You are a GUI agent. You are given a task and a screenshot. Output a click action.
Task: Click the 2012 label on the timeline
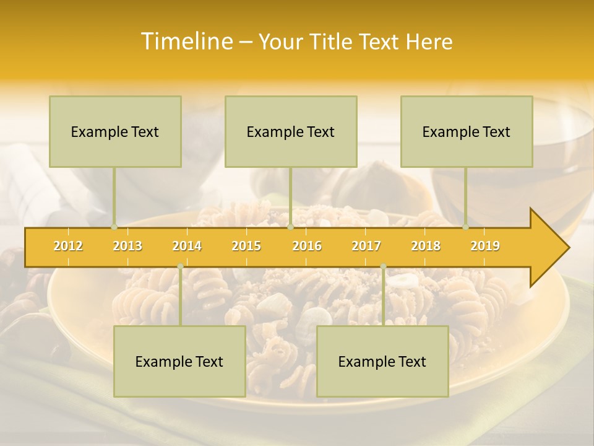68,246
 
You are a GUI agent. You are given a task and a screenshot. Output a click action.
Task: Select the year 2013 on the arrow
127,246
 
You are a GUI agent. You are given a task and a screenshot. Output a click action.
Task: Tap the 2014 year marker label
187,246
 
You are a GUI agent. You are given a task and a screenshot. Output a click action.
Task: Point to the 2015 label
246,246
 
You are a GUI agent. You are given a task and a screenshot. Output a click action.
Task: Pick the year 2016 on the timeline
307,246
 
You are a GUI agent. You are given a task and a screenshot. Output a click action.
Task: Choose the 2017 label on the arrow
366,246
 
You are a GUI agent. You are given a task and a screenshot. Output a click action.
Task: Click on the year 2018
426,246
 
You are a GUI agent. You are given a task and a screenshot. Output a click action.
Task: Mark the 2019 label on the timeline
485,246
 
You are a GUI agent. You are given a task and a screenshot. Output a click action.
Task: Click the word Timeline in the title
186,42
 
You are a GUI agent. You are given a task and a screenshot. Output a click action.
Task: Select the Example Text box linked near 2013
115,131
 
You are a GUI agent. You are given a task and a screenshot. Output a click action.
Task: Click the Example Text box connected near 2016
291,131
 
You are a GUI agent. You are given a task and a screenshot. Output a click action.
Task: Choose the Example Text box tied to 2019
467,131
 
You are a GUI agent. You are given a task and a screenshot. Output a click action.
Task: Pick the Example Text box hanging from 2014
179,361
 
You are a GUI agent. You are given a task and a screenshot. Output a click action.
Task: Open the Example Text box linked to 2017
382,361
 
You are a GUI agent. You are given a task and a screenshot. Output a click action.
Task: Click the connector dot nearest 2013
114,227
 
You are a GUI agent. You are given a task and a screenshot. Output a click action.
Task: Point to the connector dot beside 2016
290,227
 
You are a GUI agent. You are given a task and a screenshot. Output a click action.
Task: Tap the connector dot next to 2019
466,227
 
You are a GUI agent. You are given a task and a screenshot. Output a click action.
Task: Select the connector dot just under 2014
180,266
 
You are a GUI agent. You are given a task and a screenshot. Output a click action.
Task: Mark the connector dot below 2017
383,266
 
